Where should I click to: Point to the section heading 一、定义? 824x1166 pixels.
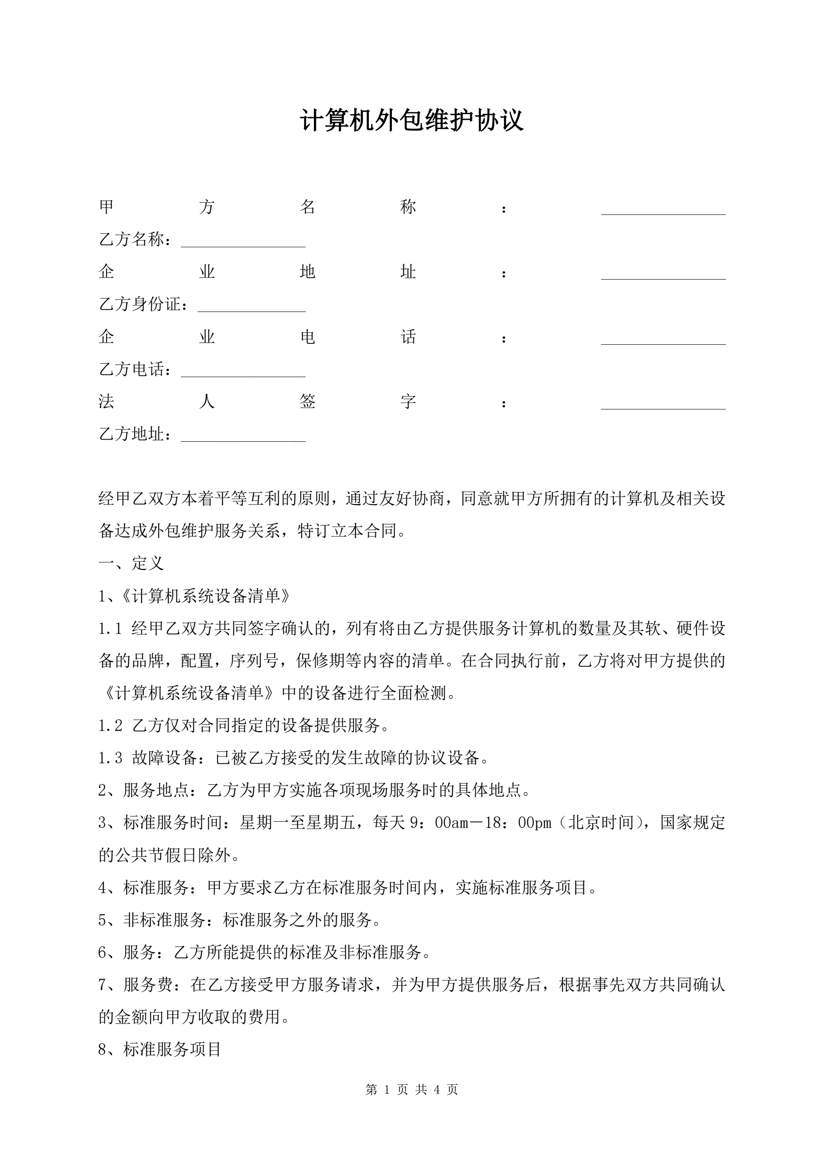point(131,563)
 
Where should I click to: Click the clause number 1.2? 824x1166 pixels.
point(110,726)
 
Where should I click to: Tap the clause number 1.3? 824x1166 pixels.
point(110,758)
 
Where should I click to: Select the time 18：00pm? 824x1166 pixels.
point(517,823)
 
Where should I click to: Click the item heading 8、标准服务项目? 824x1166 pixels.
point(159,1050)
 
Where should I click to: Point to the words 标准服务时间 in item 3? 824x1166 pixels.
point(172,823)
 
